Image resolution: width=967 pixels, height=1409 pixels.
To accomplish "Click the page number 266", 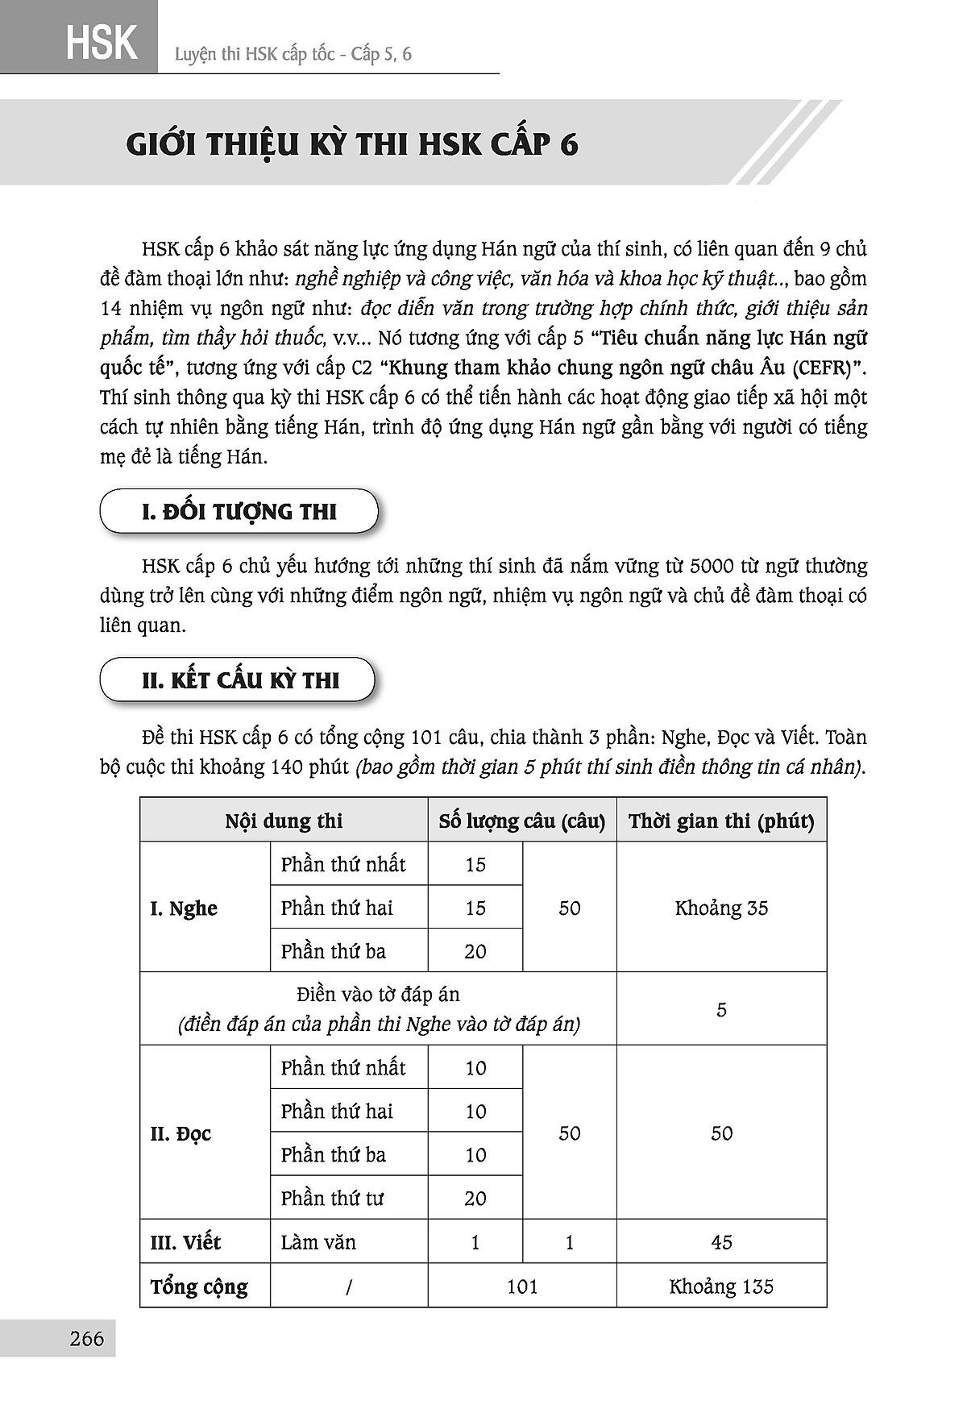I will click(x=87, y=1339).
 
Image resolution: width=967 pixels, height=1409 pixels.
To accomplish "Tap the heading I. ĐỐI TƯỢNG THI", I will click(x=239, y=512).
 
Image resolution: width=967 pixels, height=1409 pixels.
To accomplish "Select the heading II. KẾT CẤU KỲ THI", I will click(x=240, y=680).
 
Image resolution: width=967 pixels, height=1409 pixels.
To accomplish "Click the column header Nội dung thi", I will click(x=284, y=821).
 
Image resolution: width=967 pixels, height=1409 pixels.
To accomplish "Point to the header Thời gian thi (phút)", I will click(x=721, y=821).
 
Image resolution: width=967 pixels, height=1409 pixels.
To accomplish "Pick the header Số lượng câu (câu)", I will click(x=522, y=821).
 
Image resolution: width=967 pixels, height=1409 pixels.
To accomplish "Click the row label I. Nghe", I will click(x=184, y=908).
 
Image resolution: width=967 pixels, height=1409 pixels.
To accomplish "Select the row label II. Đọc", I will click(x=181, y=1133).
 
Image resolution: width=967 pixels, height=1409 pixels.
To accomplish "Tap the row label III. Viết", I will click(x=185, y=1242).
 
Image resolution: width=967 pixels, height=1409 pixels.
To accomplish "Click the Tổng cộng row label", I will click(x=198, y=1286).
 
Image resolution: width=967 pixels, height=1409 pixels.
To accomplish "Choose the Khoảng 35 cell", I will click(x=721, y=908).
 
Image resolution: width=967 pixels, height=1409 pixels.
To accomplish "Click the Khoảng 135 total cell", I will click(x=721, y=1286).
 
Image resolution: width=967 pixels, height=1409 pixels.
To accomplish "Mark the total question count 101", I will click(x=522, y=1286).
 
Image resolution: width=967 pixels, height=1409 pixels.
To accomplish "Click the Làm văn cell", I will click(x=318, y=1242).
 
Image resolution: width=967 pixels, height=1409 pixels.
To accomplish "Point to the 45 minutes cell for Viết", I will click(x=721, y=1242).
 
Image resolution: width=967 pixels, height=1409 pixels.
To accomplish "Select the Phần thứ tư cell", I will click(x=332, y=1199).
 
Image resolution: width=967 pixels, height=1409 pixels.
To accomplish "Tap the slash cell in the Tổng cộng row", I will click(x=348, y=1286).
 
